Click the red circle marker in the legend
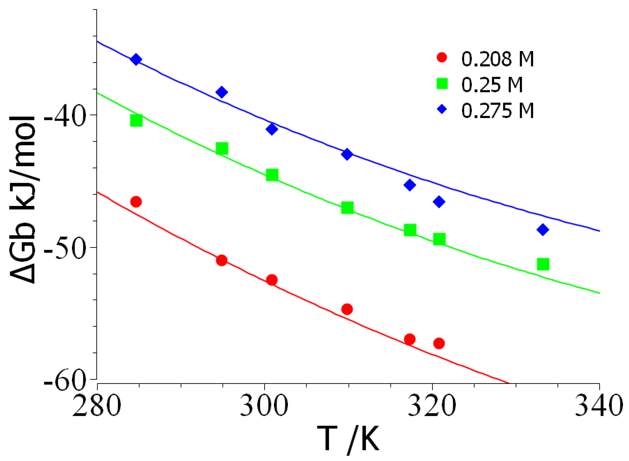coord(442,57)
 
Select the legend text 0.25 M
coord(492,85)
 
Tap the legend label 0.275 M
coord(497,111)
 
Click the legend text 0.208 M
coord(497,59)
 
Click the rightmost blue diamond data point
coord(543,230)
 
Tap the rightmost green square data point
coord(543,264)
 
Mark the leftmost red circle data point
coord(136,202)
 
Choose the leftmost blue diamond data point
coord(136,60)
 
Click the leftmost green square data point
coord(136,121)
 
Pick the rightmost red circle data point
coord(439,343)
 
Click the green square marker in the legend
coord(442,83)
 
